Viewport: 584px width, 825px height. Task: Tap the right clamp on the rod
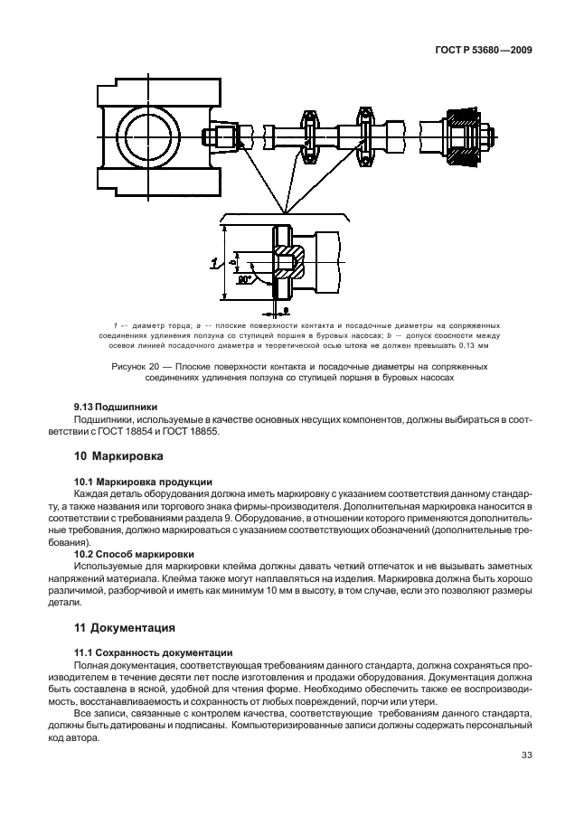coord(366,139)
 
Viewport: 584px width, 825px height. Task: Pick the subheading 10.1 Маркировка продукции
coord(143,482)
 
